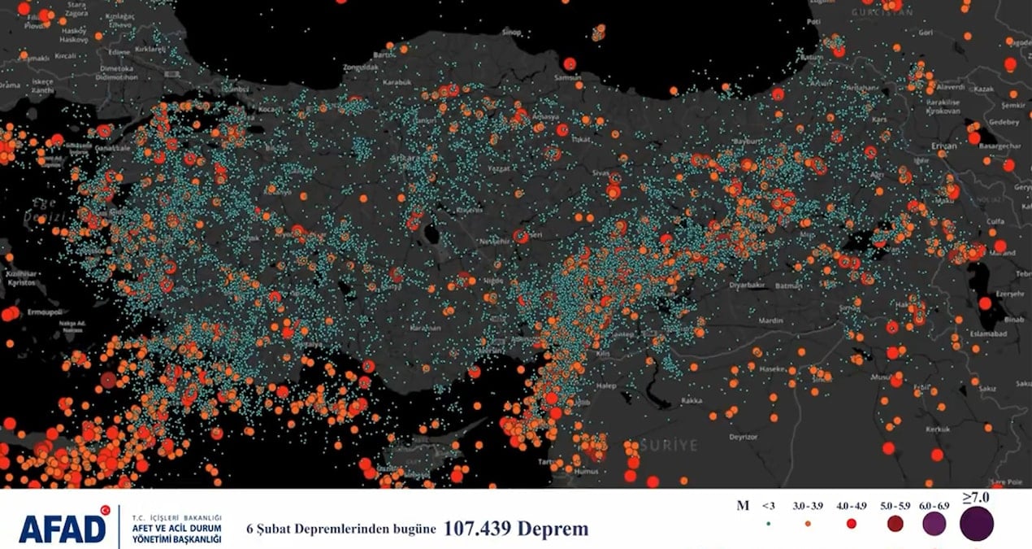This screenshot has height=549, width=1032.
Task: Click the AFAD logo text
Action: coord(63,528)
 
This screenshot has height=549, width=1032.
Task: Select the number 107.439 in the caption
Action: coord(479,529)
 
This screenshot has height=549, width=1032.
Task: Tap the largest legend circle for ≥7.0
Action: coord(976,525)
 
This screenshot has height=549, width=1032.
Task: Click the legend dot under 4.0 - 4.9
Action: coord(851,525)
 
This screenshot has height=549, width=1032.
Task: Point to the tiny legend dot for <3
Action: coord(768,525)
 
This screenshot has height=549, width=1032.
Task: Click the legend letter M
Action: coord(742,506)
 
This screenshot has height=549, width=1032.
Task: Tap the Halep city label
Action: coord(605,386)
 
